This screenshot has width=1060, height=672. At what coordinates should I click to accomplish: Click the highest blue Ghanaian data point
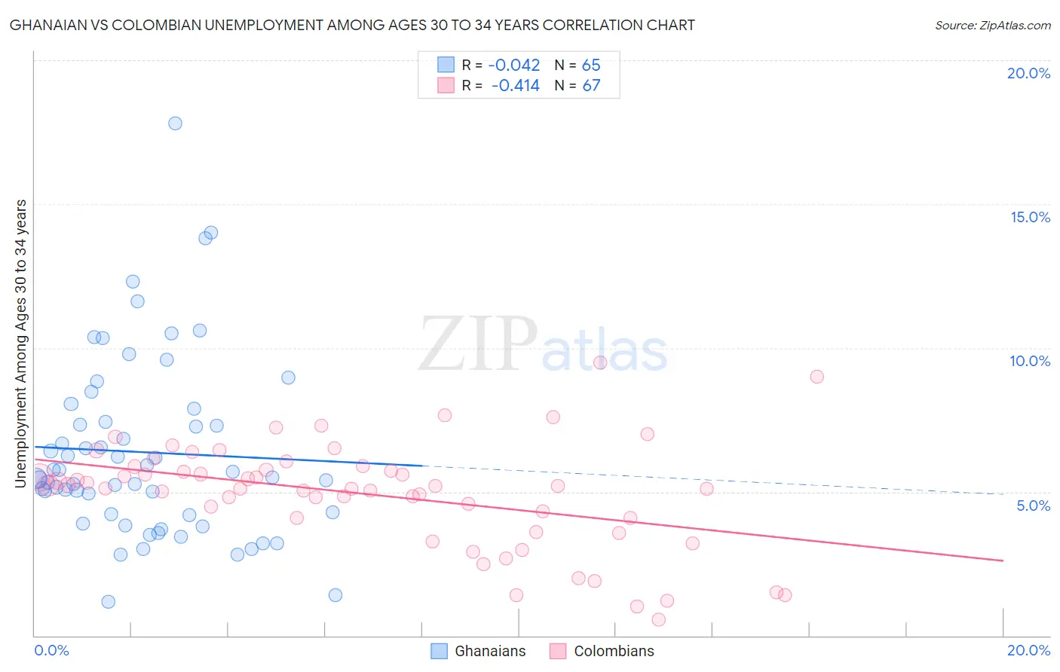pyautogui.click(x=175, y=124)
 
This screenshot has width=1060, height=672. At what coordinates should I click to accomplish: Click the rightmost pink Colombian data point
pyautogui.click(x=816, y=377)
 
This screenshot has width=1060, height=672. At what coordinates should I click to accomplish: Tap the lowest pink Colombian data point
pyautogui.click(x=658, y=619)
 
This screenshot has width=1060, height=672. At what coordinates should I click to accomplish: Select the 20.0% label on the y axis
pyautogui.click(x=1028, y=73)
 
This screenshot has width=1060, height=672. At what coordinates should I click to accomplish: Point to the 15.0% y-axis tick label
pyautogui.click(x=1030, y=217)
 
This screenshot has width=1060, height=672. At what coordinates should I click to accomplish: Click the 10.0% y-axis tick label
pyautogui.click(x=1030, y=361)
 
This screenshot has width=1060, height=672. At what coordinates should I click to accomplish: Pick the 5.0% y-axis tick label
pyautogui.click(x=1033, y=506)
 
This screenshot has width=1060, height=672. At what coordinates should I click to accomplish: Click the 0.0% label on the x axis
pyautogui.click(x=51, y=650)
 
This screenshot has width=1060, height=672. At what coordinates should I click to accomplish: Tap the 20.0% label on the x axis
pyautogui.click(x=1028, y=650)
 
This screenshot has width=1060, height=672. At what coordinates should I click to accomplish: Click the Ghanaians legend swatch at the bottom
pyautogui.click(x=440, y=651)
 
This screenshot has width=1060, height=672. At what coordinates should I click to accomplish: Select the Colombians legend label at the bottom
pyautogui.click(x=614, y=651)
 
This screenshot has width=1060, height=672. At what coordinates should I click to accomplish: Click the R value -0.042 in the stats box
pyautogui.click(x=514, y=66)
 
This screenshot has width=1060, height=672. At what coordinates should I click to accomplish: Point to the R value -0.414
pyautogui.click(x=515, y=86)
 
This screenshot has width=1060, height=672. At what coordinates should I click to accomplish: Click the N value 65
pyautogui.click(x=591, y=66)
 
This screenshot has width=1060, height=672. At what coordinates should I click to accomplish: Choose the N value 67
pyautogui.click(x=591, y=86)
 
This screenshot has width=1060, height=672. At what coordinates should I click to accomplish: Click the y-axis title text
pyautogui.click(x=21, y=344)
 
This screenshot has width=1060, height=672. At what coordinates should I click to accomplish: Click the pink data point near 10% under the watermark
pyautogui.click(x=600, y=362)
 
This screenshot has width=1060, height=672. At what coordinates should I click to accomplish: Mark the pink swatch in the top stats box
pyautogui.click(x=446, y=85)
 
